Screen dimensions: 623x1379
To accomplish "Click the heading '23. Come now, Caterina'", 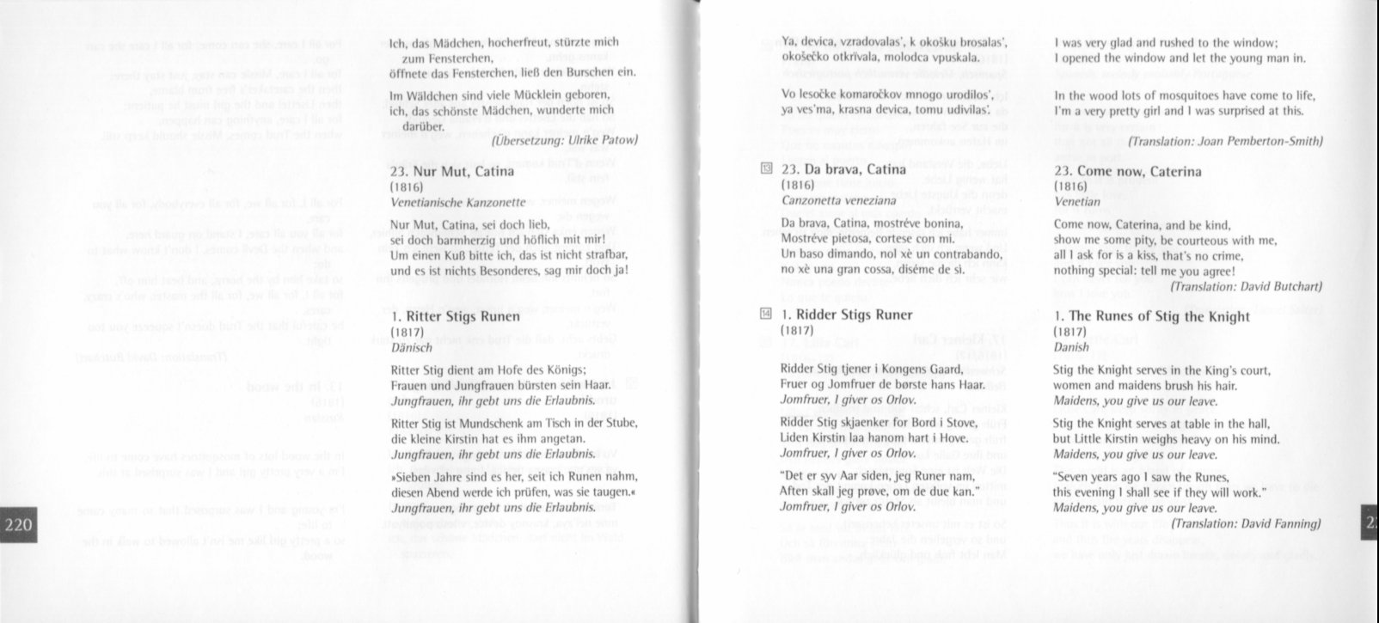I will (1127, 171).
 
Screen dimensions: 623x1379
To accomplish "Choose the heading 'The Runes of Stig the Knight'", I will (1152, 316).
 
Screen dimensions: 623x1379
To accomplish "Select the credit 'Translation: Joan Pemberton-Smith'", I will (1225, 141).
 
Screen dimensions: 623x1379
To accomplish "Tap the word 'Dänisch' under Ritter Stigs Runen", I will (410, 347).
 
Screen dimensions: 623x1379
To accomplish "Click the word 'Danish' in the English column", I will (1071, 347).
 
